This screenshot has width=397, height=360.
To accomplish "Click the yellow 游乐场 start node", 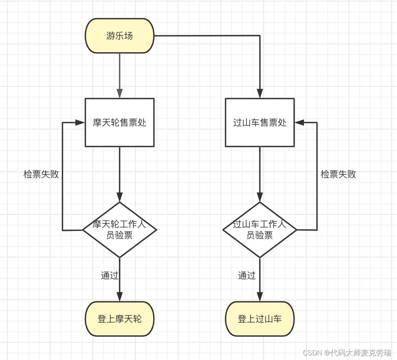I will coord(120,36).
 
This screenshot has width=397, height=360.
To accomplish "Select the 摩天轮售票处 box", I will coord(120,123).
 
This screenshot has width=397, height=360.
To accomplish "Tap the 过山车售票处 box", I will coord(260,123).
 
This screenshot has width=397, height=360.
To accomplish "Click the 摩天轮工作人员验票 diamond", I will coord(120,230).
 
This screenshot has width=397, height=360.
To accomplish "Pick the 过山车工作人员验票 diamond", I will coord(260,230).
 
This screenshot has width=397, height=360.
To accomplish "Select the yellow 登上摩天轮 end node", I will coord(120,319).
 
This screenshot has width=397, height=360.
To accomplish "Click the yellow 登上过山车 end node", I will coord(260,319).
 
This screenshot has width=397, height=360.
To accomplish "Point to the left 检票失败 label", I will coord(41,174).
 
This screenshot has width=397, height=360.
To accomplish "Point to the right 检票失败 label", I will coord(338,174).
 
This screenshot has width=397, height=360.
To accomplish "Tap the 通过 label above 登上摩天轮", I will coord(109,276).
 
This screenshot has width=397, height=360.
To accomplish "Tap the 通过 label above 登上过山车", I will coord(247,276).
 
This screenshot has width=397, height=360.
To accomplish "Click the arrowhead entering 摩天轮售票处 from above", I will coord(120,94).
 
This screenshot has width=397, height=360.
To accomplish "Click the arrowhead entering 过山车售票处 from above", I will coord(260,94).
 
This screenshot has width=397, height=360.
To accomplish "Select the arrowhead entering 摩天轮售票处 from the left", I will coord(80,123).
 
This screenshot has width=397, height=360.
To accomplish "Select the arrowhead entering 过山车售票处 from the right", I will coord(299,123).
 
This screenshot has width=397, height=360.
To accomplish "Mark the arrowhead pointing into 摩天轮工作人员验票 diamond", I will coord(120,197).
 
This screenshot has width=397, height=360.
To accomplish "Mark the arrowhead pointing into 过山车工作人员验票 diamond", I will coord(260,197).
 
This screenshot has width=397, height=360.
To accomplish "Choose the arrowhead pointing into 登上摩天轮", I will coord(120,297).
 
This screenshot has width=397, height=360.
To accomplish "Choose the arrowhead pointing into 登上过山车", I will coord(260,297).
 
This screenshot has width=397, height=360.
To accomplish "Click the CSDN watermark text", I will coord(347,353).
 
